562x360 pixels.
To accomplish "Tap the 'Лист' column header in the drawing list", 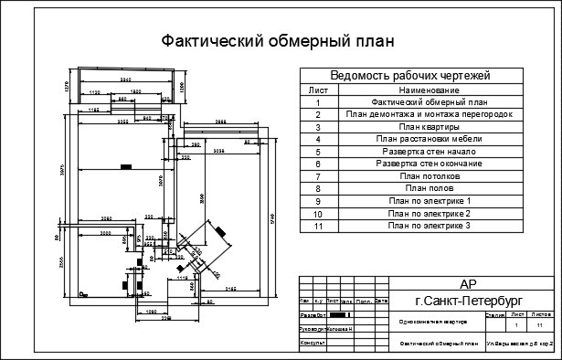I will (318, 90).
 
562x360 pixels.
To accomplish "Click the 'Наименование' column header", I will (429, 90).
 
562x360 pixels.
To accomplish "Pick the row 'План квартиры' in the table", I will (429, 127).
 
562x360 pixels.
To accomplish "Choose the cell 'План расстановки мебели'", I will (429, 139).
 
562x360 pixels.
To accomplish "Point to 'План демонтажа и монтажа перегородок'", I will (429, 114).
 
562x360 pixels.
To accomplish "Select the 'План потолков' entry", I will (429, 175).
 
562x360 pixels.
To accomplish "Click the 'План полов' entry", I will (429, 187).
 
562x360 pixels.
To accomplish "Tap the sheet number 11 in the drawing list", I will (318, 225).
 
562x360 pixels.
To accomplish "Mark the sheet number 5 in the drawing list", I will (318, 151).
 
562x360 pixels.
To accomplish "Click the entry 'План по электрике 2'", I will (429, 212).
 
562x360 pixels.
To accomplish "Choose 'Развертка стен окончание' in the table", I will (429, 163).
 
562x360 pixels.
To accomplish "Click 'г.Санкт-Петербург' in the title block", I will (467, 300).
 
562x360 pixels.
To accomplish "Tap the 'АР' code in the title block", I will (467, 284).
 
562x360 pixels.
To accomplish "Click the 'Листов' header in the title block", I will (541, 313).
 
